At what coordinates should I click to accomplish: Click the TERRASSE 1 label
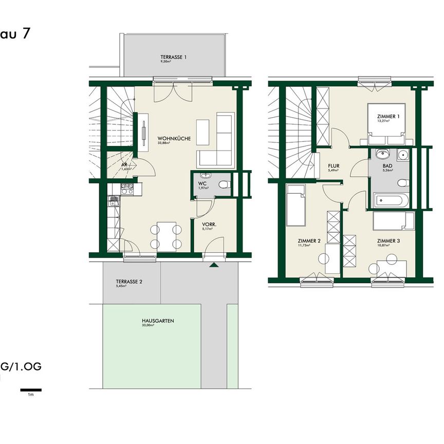[173, 57]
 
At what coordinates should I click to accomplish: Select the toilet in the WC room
[223, 184]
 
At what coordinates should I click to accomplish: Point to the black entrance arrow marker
[213, 265]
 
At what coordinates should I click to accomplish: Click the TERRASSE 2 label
[129, 282]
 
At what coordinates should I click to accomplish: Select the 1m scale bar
[31, 390]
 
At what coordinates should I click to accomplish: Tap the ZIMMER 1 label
[388, 117]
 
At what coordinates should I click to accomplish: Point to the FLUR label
[334, 166]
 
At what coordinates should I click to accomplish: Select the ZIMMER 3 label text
[388, 240]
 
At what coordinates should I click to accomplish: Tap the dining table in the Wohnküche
[166, 236]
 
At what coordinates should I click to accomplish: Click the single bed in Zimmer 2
[296, 205]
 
